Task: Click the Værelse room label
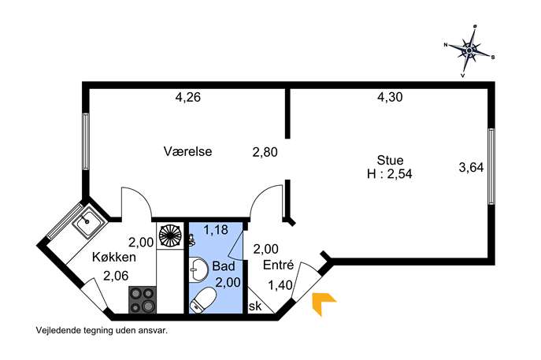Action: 187,151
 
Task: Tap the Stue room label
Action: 390,160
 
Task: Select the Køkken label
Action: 114,257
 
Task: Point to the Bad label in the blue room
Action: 224,265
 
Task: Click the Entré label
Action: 279,265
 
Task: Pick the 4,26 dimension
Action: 187,97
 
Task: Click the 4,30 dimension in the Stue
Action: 390,97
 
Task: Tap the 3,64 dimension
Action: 471,168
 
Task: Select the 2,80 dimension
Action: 265,152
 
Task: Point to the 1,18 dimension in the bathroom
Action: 216,230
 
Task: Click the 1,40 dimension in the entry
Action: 280,285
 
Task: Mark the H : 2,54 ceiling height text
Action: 390,173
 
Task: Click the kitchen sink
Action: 88,221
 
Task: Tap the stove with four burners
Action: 143,299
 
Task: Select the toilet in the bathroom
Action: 202,299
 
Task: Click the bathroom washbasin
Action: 198,270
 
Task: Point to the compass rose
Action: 469,51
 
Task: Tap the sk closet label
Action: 255,306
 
